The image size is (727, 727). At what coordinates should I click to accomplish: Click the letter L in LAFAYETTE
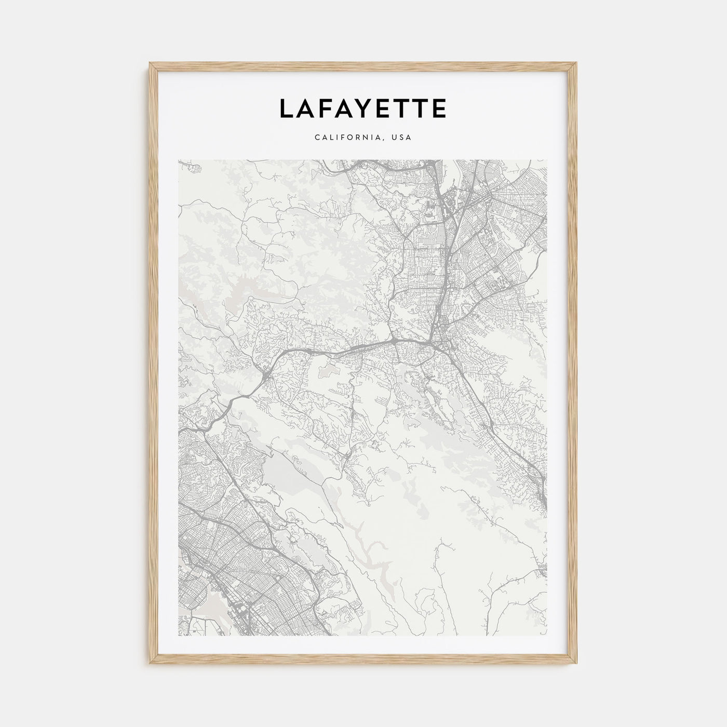coord(288,109)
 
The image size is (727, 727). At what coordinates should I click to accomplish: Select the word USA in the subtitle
coord(402,138)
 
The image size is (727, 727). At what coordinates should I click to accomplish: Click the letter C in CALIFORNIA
coord(316,138)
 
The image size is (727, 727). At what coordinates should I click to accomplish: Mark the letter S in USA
coord(402,138)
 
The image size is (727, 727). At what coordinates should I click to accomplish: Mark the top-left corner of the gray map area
coord(179,160)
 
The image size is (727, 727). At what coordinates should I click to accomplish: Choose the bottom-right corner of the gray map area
coord(547,636)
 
